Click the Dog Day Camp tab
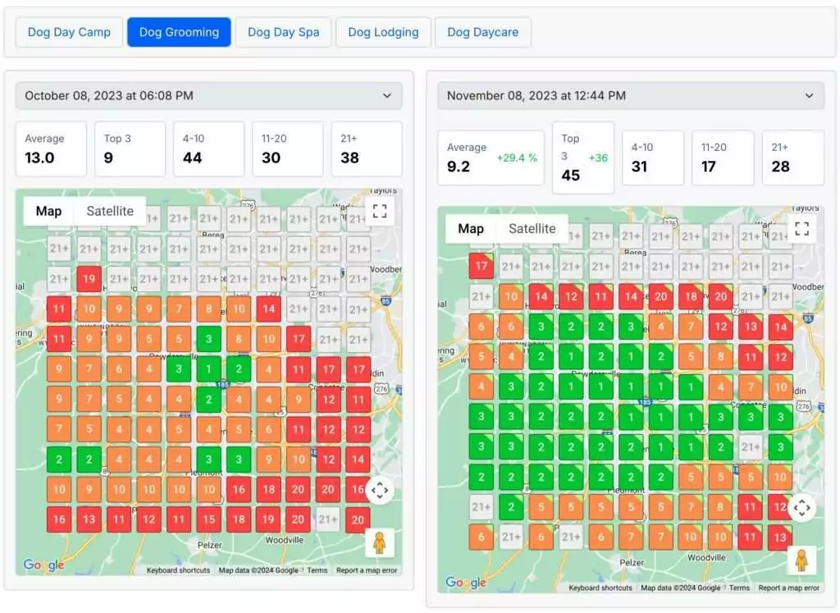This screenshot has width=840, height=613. pyautogui.click(x=69, y=33)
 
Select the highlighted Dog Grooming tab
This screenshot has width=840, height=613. pyautogui.click(x=179, y=33)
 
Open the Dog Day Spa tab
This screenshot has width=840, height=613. pyautogui.click(x=283, y=33)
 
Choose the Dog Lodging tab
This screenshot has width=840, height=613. pyautogui.click(x=383, y=33)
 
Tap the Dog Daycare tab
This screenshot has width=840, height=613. pyautogui.click(x=482, y=33)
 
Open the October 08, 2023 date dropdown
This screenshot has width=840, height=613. pyautogui.click(x=208, y=96)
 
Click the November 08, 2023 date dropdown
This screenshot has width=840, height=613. pyautogui.click(x=631, y=96)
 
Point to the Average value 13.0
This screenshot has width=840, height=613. pyautogui.click(x=39, y=158)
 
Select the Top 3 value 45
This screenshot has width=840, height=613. pyautogui.click(x=570, y=175)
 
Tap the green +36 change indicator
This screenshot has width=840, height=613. pyautogui.click(x=598, y=158)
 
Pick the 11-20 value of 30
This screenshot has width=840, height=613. pyautogui.click(x=271, y=158)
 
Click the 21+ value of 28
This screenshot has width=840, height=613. pyautogui.click(x=780, y=167)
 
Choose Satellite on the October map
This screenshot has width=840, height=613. pyautogui.click(x=110, y=211)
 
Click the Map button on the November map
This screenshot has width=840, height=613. pyautogui.click(x=471, y=229)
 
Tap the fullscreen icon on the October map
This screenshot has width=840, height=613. pyautogui.click(x=379, y=211)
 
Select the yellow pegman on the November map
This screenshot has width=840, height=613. pyautogui.click(x=801, y=560)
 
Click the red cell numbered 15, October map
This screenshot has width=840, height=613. pyautogui.click(x=208, y=519)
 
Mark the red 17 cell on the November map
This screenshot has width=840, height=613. pyautogui.click(x=482, y=266)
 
